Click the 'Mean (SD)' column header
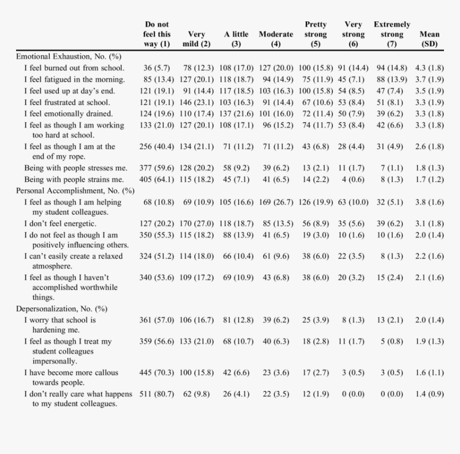430,39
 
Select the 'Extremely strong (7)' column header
392,34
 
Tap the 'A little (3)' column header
236,39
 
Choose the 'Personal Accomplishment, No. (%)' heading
75,190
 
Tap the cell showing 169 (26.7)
275,202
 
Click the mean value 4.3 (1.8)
429,68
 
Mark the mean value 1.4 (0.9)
429,394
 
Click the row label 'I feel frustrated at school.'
67,102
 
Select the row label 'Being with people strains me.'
74,179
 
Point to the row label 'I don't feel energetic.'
60,224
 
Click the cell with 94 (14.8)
392,68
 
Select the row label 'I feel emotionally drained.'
68,113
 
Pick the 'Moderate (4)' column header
275,39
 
